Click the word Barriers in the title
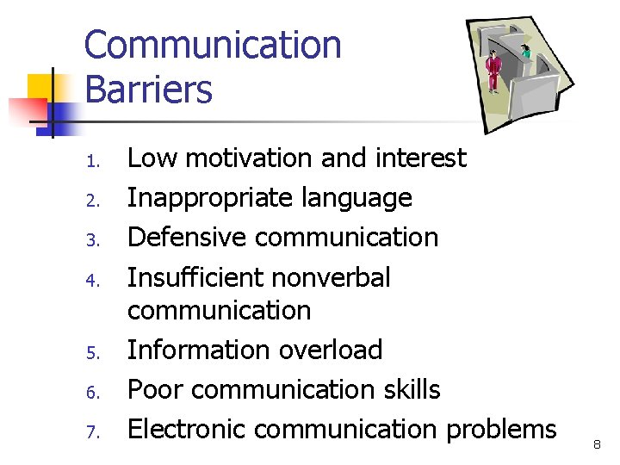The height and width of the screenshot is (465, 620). pos(148,90)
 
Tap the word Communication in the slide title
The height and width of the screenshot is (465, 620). pos(213,45)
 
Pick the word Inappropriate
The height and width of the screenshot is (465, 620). pos(195,198)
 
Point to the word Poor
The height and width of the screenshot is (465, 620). pos(152,389)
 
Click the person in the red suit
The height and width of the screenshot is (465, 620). pos(493,71)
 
